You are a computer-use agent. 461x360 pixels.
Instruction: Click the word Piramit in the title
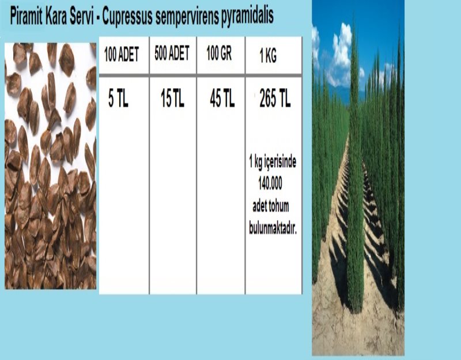coord(26,16)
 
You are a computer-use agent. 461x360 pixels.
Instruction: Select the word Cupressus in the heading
coord(127,17)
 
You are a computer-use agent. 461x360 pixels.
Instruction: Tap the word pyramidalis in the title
coord(247,16)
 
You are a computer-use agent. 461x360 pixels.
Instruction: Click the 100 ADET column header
coord(122,54)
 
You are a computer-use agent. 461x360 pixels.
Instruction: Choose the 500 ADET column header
coord(172,53)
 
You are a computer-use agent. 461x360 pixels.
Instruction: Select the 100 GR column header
coord(219,53)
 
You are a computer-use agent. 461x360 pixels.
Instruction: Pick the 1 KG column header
coord(268,55)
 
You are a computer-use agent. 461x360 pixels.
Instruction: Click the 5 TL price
coord(118,98)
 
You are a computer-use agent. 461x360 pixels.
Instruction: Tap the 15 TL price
coord(172,98)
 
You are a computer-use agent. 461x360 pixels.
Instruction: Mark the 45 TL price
coord(222,98)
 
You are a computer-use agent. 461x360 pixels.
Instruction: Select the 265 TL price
coord(275,98)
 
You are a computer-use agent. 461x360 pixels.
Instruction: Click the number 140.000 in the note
coord(270,183)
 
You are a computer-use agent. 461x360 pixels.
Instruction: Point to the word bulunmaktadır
coord(273,228)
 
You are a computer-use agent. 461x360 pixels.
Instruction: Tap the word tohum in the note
coord(279,206)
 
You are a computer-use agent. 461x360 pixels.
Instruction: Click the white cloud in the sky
coord(341,56)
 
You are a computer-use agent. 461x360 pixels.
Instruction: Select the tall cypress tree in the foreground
coord(355,176)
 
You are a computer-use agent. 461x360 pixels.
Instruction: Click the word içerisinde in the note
coord(280,162)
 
